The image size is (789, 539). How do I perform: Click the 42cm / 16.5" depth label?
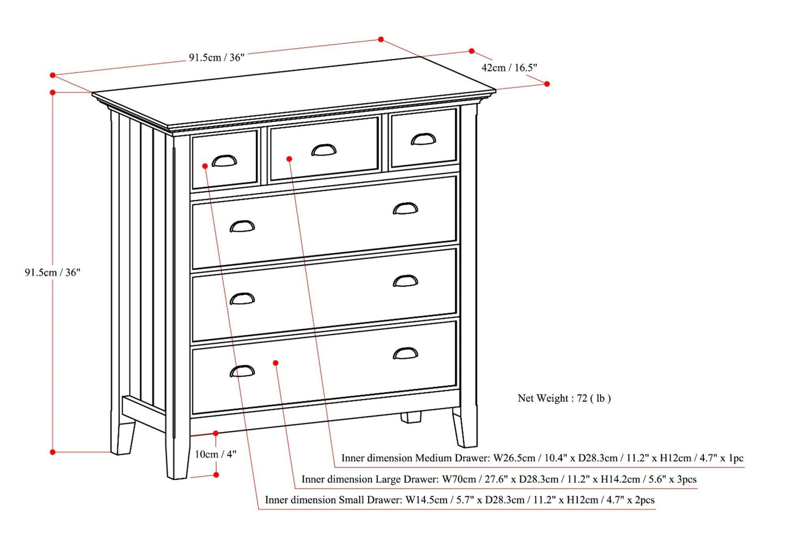tap(509, 68)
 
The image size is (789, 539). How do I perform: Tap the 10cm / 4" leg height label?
tap(216, 454)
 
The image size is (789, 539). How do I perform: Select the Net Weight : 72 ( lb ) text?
tap(564, 398)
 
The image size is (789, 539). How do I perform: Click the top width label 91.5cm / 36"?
tap(217, 57)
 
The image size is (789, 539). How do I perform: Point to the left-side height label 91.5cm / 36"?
tap(52, 272)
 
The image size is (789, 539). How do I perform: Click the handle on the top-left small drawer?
tap(224, 161)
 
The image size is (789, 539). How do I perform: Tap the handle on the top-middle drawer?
tap(324, 150)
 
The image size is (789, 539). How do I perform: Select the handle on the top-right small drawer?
tap(423, 140)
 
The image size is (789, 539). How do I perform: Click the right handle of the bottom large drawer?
tap(405, 353)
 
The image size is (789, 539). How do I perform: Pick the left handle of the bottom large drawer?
tap(242, 371)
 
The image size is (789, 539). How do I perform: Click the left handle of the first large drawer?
tap(242, 226)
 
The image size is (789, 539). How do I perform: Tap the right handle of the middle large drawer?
tap(405, 281)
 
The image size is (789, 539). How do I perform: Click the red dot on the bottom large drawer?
tap(276, 363)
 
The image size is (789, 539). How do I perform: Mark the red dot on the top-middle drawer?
tap(289, 159)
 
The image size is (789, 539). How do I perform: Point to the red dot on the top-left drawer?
tap(204, 165)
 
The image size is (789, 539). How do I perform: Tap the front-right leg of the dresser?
tap(465, 429)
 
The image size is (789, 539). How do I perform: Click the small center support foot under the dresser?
tap(411, 417)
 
